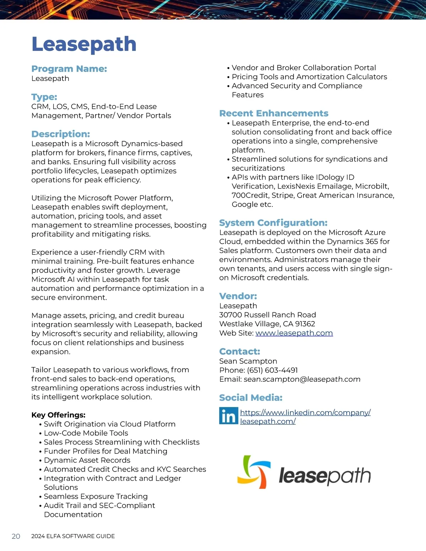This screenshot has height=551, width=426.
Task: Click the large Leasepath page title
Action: click(84, 44)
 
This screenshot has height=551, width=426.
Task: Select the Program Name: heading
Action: click(69, 69)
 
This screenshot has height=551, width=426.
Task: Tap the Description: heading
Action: click(60, 134)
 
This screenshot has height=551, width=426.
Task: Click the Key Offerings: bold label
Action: click(58, 415)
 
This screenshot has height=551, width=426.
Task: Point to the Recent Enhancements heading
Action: click(273, 114)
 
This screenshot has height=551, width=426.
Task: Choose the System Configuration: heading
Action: click(273, 223)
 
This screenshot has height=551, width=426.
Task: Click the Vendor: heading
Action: click(238, 296)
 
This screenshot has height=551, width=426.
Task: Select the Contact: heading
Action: click(240, 352)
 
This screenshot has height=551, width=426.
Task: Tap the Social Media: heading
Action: click(251, 398)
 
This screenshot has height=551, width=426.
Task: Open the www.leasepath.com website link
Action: click(294, 333)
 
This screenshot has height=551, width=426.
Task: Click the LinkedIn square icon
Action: click(228, 416)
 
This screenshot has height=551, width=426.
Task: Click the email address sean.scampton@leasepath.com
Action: click(302, 379)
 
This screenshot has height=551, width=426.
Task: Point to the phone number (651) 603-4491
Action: click(272, 370)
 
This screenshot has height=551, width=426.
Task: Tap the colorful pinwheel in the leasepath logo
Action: click(254, 472)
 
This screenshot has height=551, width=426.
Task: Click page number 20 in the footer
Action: click(16, 536)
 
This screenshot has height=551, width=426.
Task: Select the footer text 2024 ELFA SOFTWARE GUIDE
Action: click(73, 536)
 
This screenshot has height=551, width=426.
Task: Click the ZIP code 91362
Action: click(305, 324)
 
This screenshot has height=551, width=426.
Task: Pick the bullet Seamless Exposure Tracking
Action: click(95, 496)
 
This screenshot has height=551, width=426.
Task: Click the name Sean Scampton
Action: click(248, 361)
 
